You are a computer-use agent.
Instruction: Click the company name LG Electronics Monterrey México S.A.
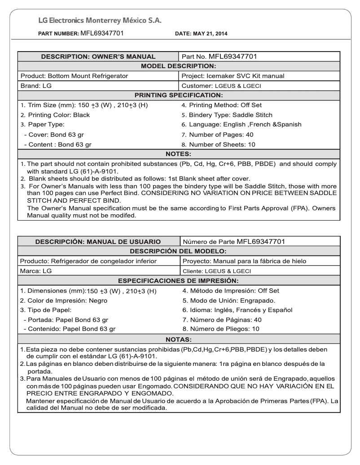point(100,21)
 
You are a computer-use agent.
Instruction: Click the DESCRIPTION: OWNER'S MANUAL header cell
point(98,57)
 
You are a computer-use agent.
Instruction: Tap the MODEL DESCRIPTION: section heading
point(180,66)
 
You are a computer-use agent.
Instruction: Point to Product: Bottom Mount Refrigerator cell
point(75,76)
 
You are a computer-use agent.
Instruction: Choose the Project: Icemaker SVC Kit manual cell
point(233,76)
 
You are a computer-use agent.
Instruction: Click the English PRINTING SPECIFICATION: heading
point(180,95)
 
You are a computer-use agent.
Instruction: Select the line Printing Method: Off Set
point(221,105)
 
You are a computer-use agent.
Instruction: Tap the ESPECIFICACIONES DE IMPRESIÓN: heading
point(180,281)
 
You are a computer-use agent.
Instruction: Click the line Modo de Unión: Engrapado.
point(228,300)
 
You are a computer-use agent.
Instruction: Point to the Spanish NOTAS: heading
point(180,339)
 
